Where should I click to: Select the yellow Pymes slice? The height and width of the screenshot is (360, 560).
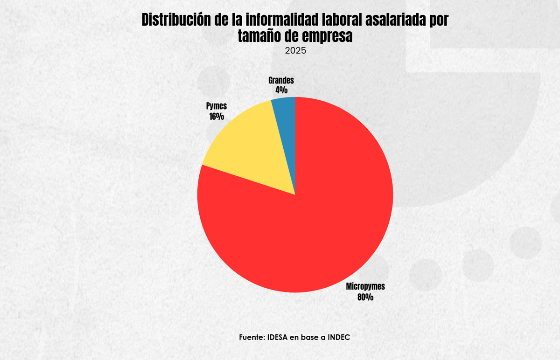point(247,149)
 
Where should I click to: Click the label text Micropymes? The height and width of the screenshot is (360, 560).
point(365,287)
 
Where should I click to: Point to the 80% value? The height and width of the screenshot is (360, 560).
point(365,297)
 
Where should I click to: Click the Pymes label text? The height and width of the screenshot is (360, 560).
point(216,106)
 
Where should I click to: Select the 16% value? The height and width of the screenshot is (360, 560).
point(216,117)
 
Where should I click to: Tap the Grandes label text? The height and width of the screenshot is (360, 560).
point(281,80)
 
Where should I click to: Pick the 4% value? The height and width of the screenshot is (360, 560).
point(281,90)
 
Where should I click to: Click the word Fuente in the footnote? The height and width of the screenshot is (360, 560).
point(252,337)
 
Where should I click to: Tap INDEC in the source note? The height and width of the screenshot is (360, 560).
point(338,337)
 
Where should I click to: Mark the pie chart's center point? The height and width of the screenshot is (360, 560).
point(295,194)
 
